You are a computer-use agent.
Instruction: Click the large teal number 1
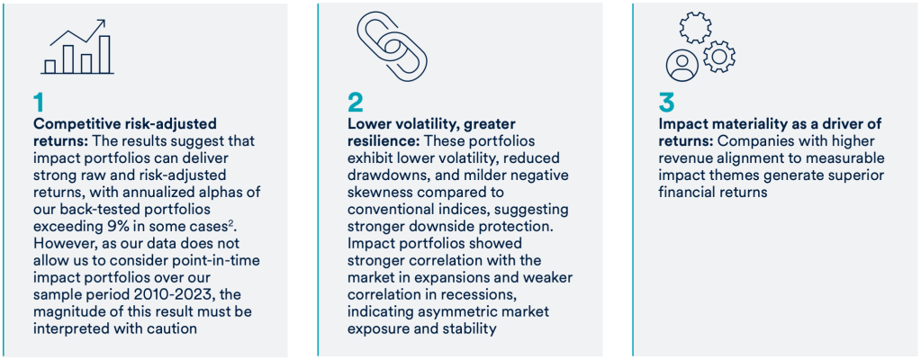point(39,103)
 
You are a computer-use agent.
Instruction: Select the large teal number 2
point(356,103)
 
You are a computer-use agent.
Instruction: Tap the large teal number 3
point(667,103)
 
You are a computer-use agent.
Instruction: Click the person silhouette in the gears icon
point(682,65)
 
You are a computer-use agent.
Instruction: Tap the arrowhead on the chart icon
point(101,24)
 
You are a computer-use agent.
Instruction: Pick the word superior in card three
point(858,175)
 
